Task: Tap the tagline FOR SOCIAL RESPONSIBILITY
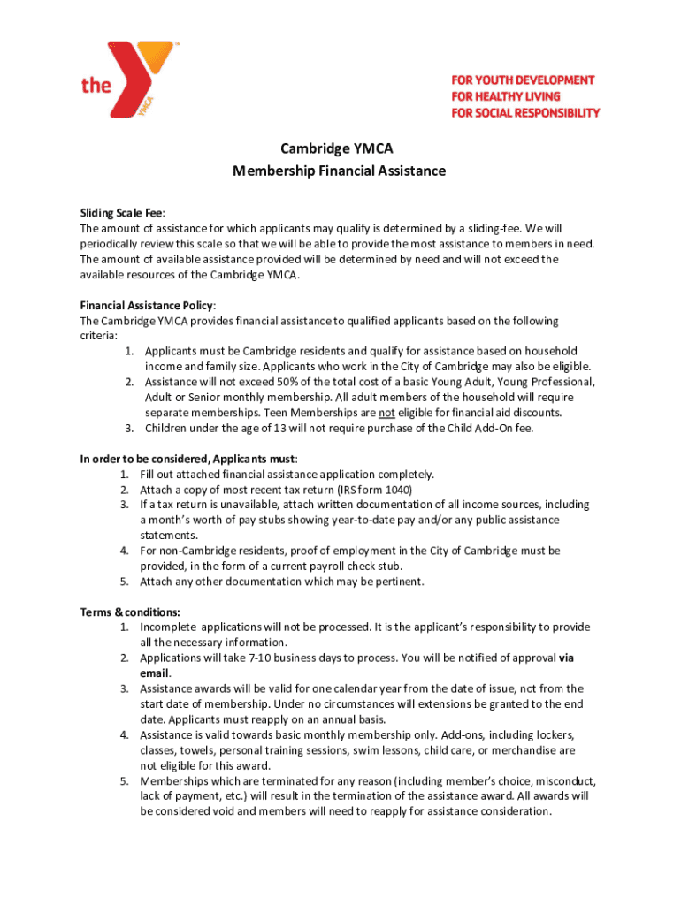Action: pos(525,112)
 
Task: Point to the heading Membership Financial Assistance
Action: pos(340,171)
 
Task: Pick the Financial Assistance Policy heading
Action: pos(147,306)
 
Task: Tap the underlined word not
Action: pos(386,413)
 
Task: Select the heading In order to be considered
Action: pos(187,459)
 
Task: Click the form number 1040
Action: pos(398,490)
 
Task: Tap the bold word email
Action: pos(154,673)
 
